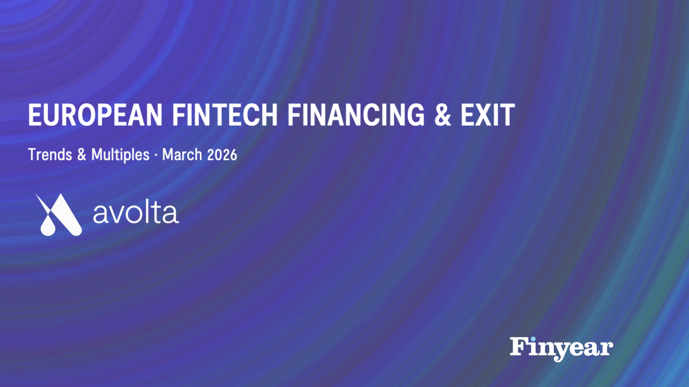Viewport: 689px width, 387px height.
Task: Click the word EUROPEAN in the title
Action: click(95, 115)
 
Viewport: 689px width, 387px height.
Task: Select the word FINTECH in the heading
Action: click(225, 115)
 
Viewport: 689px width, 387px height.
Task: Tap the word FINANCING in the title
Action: click(356, 115)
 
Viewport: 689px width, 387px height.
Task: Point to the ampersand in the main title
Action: click(442, 115)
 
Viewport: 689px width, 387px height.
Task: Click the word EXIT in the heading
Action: click(488, 115)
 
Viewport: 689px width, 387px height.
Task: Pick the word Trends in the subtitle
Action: click(50, 155)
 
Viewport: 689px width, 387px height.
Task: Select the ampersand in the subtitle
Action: click(82, 155)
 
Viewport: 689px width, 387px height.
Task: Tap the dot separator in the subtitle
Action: click(156, 156)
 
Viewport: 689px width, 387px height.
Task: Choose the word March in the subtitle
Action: click(182, 155)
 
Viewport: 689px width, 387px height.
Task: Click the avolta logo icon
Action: click(59, 215)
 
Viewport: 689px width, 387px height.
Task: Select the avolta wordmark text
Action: click(136, 213)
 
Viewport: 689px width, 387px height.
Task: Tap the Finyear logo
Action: click(562, 349)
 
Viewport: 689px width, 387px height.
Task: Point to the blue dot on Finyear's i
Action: click(533, 339)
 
